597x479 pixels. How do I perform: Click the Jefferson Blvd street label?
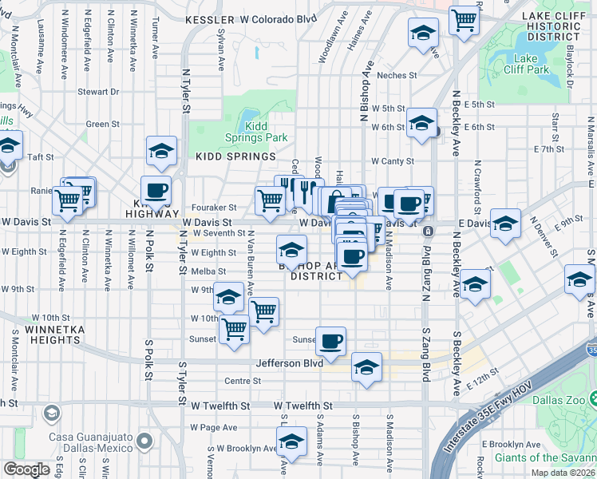[289, 362]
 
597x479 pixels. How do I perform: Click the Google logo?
[27, 469]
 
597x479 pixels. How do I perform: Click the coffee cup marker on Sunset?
[330, 341]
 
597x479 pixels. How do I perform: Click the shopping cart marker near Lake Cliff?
[464, 20]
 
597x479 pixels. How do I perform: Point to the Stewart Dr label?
[98, 92]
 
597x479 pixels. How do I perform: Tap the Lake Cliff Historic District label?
[551, 26]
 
